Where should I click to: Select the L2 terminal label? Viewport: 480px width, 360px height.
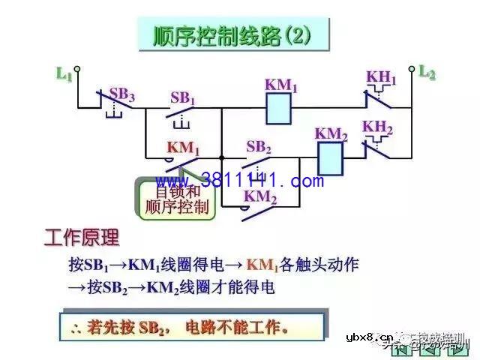[x=427, y=73]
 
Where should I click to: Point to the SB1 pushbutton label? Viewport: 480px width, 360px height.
[x=182, y=97]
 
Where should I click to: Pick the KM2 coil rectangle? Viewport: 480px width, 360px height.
[x=331, y=157]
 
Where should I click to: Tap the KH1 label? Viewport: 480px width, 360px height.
[x=381, y=78]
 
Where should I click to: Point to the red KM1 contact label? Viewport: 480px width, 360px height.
[x=183, y=148]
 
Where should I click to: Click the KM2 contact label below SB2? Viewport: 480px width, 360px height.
[x=260, y=199]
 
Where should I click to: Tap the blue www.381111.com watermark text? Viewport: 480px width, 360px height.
[x=240, y=181]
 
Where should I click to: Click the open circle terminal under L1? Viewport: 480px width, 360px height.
[x=76, y=68]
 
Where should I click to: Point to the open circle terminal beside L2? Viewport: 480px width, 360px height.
[x=411, y=67]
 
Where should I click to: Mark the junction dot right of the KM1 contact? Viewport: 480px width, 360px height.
[x=222, y=157]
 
